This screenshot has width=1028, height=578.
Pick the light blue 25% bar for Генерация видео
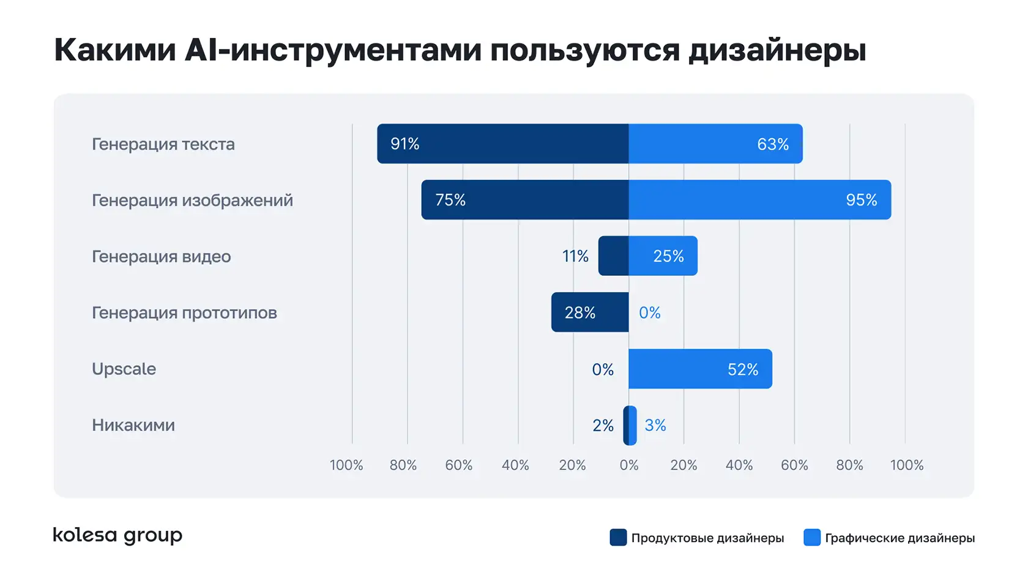click(x=663, y=256)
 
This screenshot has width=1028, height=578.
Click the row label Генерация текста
click(x=163, y=144)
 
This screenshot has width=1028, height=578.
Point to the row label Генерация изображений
click(x=192, y=201)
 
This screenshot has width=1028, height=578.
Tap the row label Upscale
click(x=124, y=369)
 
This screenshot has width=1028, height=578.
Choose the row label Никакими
click(x=133, y=425)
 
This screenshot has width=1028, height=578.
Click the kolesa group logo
click(x=117, y=535)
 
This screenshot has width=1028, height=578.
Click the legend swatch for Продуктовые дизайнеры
click(x=618, y=538)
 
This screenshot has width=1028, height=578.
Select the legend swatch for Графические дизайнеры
click(x=811, y=538)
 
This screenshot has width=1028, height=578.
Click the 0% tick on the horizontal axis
click(x=629, y=465)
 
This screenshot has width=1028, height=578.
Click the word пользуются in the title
click(x=584, y=50)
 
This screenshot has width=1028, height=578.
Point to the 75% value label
click(x=450, y=200)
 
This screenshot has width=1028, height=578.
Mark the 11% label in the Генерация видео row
click(x=575, y=256)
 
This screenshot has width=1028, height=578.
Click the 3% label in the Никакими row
click(x=655, y=425)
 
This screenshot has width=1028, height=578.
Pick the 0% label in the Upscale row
click(x=603, y=369)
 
